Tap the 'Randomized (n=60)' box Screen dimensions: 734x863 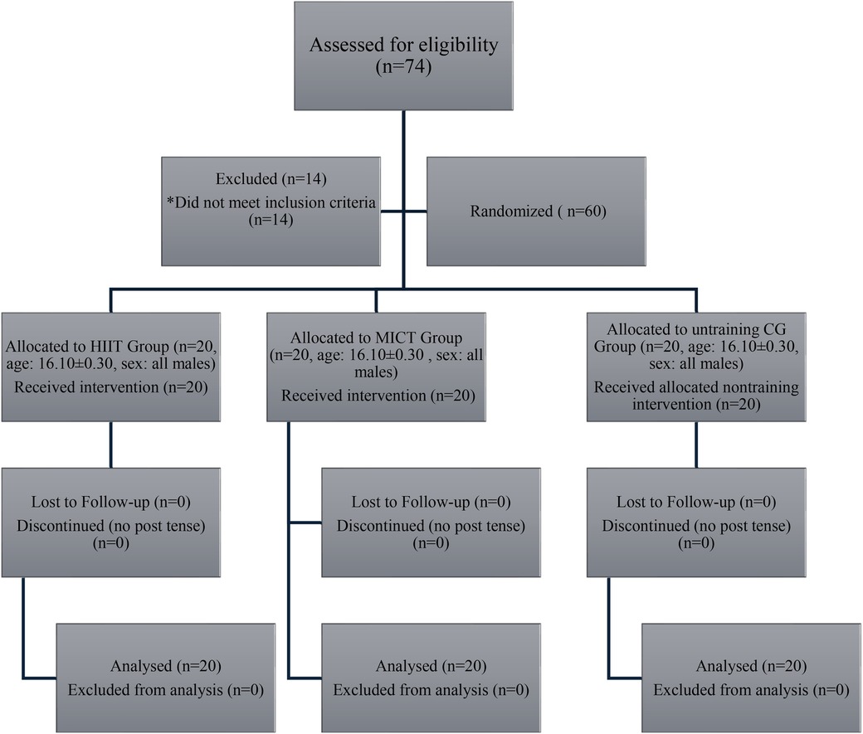pos(533,211)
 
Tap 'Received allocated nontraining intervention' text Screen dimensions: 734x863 pos(695,397)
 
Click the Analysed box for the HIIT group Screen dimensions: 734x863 pos(166,677)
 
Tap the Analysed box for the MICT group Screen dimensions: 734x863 pos(431,677)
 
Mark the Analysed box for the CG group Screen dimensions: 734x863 pos(751,677)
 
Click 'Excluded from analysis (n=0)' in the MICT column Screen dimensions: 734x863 pos(431,689)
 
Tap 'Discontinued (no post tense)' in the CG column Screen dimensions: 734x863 pos(695,526)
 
